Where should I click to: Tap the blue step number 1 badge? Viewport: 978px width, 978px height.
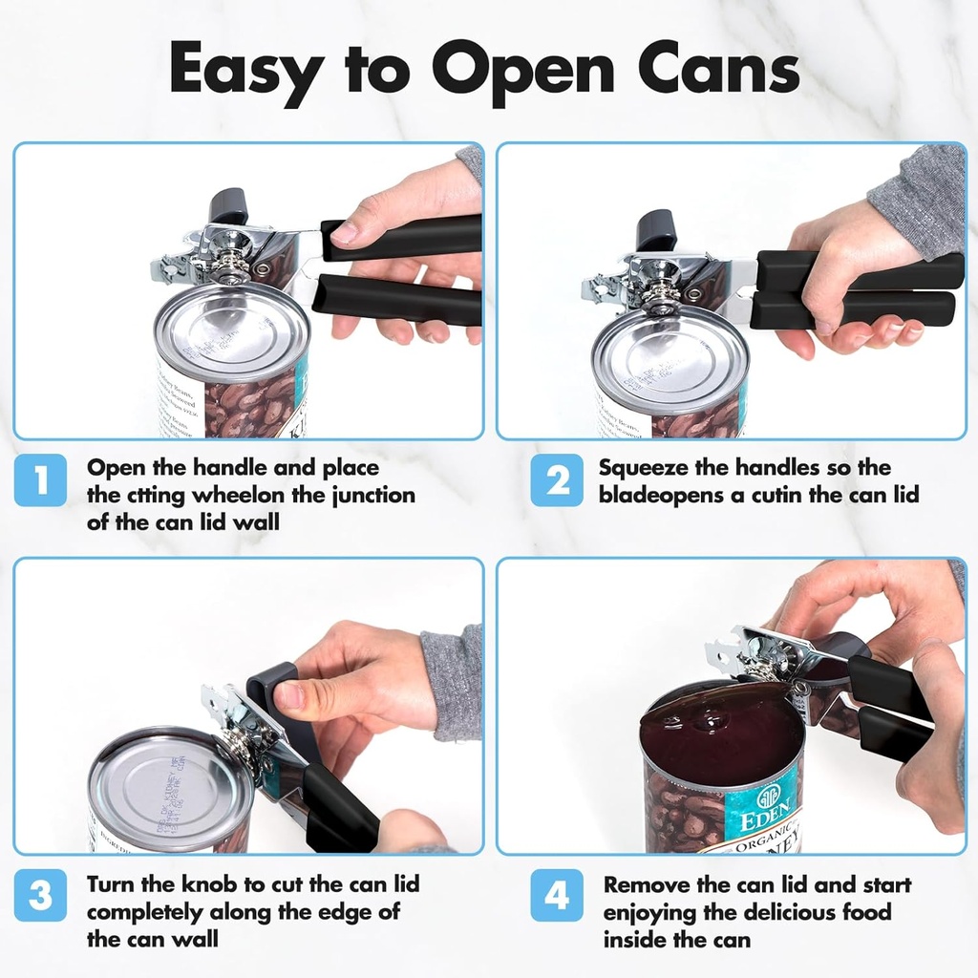pos(40,480)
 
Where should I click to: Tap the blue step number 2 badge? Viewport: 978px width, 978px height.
pos(557,480)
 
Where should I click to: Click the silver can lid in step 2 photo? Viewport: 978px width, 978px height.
pos(669,357)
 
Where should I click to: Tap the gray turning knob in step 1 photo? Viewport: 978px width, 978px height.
pos(228,203)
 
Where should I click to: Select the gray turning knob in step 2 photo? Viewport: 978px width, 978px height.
pos(656,229)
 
